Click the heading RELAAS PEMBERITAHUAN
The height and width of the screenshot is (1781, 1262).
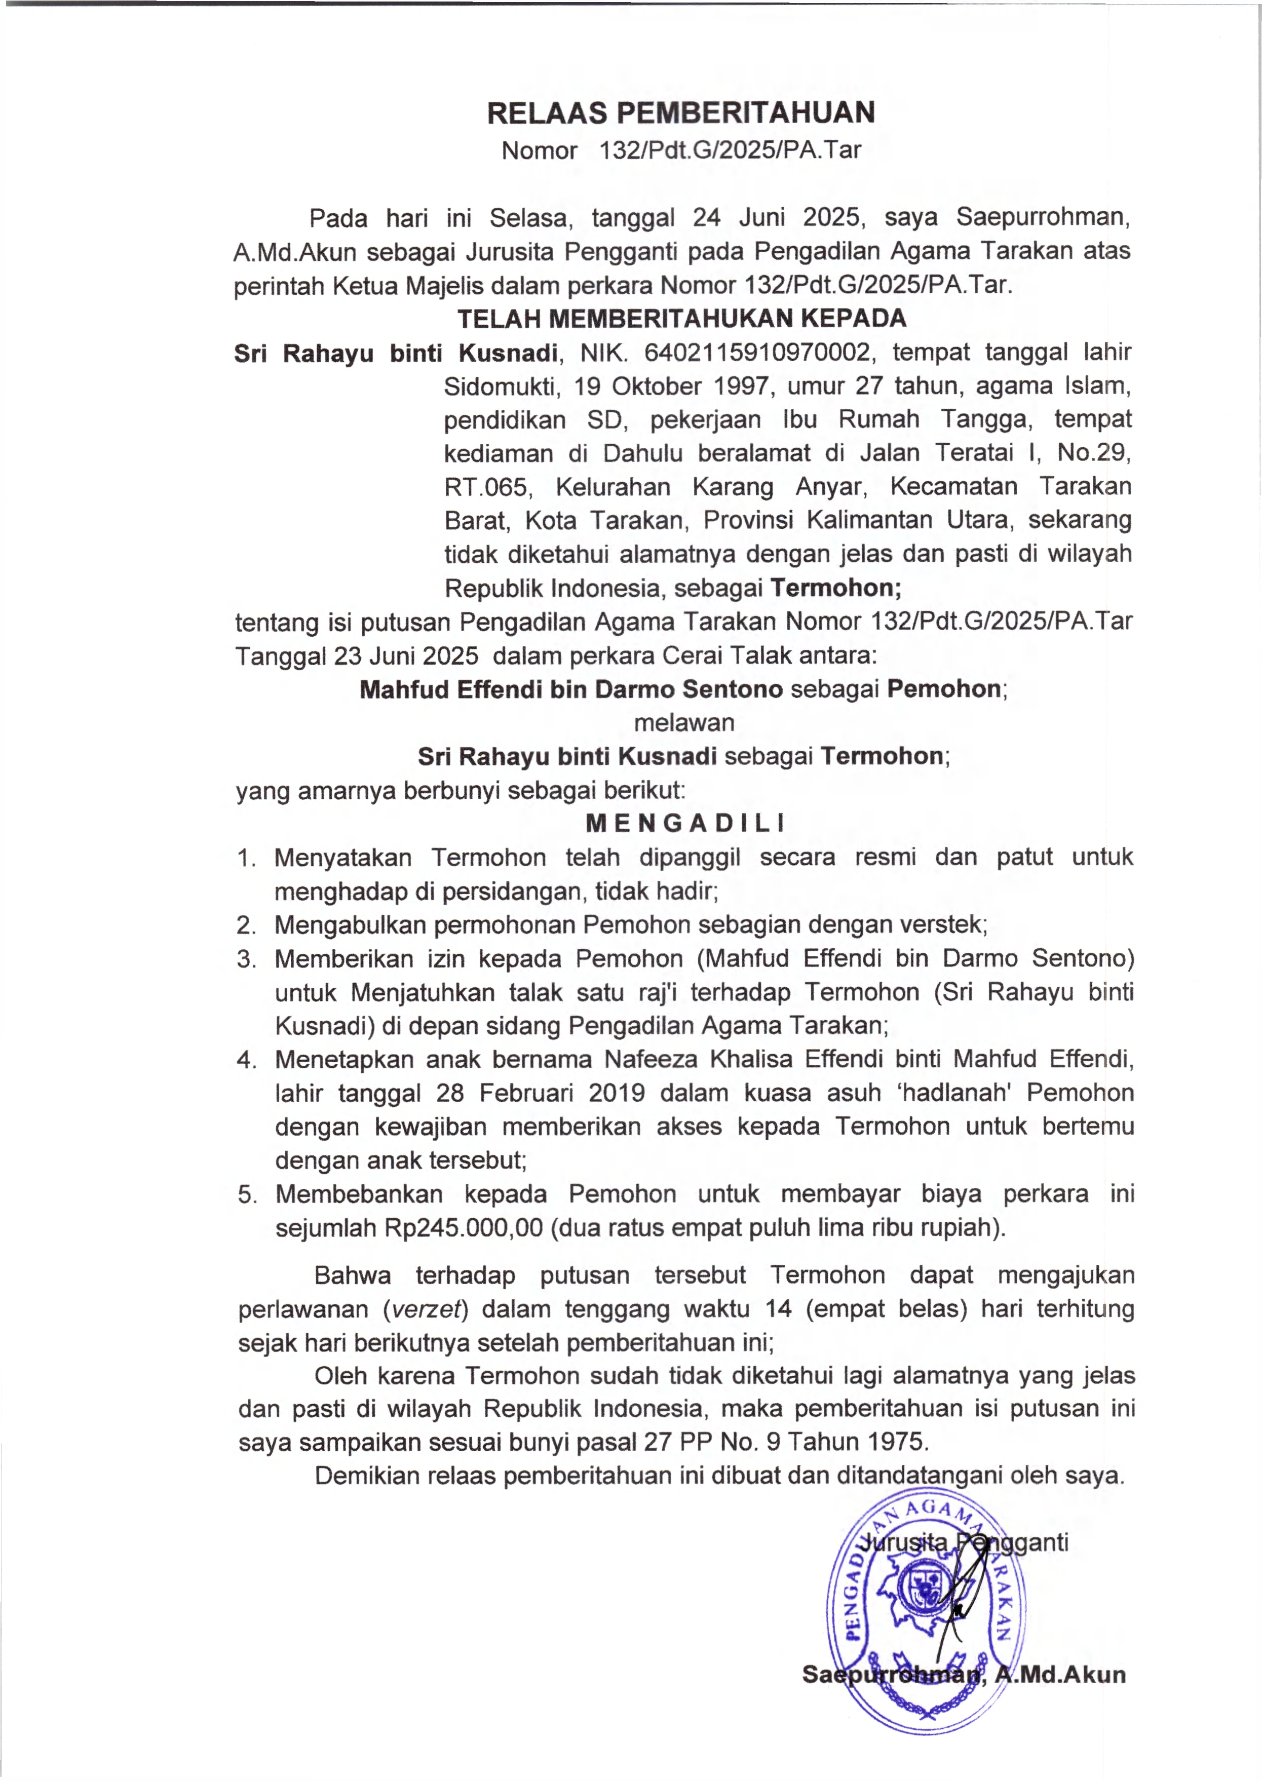click(681, 113)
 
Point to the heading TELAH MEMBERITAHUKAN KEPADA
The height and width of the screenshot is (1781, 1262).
click(681, 319)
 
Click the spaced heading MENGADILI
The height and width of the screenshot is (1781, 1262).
click(684, 823)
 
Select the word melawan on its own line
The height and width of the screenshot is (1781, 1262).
click(684, 723)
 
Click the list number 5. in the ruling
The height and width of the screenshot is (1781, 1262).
click(247, 1195)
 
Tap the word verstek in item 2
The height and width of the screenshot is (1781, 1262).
click(943, 924)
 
